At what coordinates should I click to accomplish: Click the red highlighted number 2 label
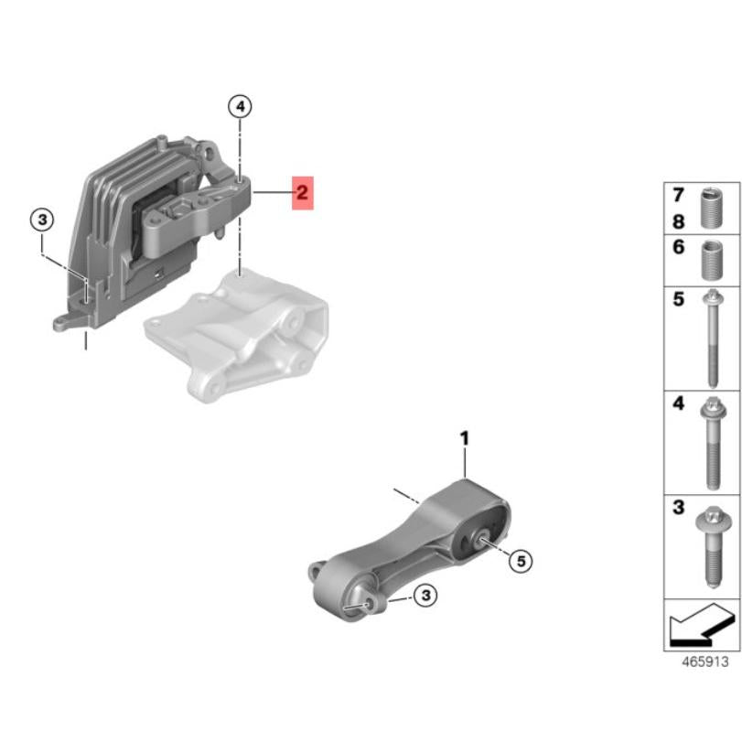click(x=302, y=193)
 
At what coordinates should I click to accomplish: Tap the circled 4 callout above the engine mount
click(x=239, y=107)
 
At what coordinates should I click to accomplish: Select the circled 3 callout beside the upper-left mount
click(x=42, y=220)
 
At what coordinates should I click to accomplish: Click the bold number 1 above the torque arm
click(x=464, y=440)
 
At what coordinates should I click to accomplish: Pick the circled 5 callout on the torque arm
click(x=520, y=561)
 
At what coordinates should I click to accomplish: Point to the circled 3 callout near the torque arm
click(x=425, y=596)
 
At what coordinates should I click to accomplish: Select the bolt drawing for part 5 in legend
click(x=712, y=338)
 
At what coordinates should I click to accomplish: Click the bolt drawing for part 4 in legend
click(x=712, y=443)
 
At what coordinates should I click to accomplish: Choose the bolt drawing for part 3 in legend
click(x=712, y=547)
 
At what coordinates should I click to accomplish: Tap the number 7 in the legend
click(x=678, y=195)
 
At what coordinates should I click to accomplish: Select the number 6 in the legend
click(x=678, y=248)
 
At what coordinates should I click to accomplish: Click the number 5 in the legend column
click(x=678, y=300)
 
